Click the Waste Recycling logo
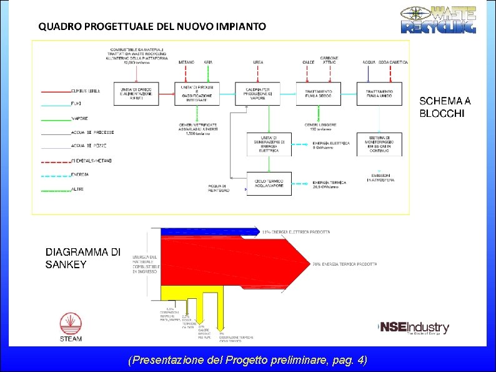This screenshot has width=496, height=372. point(438,19)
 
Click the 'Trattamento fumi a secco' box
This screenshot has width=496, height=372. point(319,93)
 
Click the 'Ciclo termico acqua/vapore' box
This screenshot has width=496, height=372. point(269,183)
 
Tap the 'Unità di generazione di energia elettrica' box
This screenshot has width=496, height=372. point(269,144)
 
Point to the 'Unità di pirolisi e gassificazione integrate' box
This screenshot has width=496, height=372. point(197,93)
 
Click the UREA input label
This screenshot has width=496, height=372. point(258,63)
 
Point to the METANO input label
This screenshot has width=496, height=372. point(186,63)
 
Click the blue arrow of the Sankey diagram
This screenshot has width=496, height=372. point(209,231)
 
